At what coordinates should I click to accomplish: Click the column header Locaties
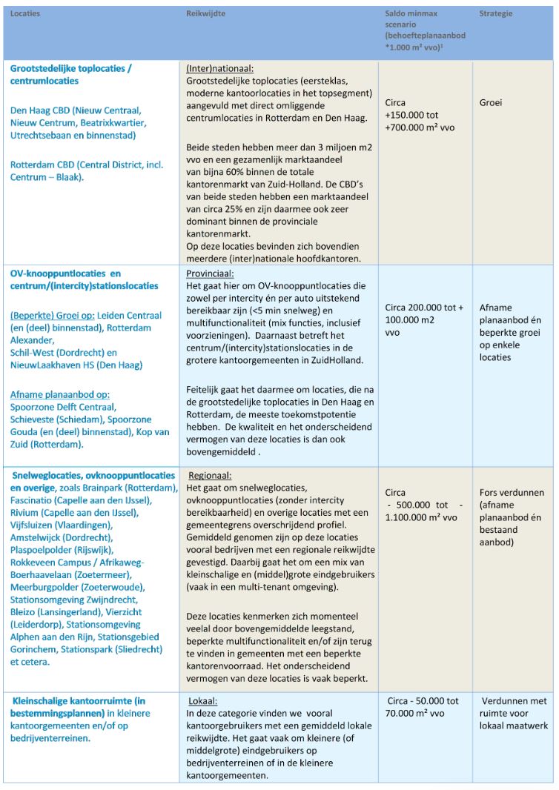point(25,14)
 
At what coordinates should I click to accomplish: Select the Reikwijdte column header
point(205,14)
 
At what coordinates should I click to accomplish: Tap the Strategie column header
point(495,14)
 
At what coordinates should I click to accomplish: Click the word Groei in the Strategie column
point(491,103)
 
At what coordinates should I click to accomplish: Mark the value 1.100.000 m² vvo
point(421,518)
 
